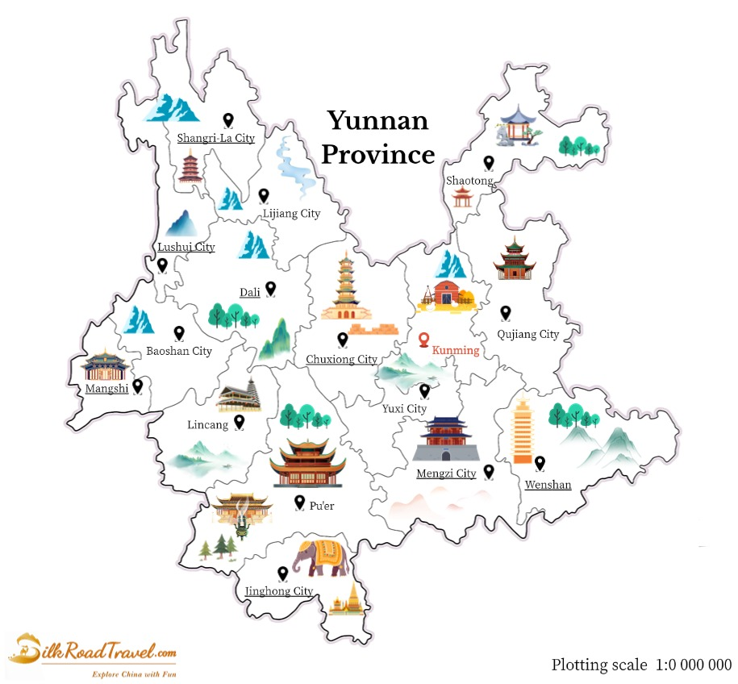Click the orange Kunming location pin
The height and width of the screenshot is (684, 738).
pos(424,340)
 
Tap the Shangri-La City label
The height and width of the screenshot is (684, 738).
pos(215,138)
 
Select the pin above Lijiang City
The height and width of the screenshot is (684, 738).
pos(264,195)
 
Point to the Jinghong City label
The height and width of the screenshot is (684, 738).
pos(279,591)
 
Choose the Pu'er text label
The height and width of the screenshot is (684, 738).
pos(321,506)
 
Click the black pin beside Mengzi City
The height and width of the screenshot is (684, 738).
pos(489,472)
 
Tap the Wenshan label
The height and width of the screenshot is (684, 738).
pos(548,485)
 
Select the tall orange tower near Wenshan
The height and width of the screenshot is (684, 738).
pos(523,432)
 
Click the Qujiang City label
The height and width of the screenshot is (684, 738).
pos(527,334)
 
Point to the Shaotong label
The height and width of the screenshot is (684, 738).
pos(469,181)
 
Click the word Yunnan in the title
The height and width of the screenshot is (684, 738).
pos(377,121)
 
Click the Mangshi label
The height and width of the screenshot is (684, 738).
pos(106,389)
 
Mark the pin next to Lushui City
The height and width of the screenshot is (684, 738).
pos(162,265)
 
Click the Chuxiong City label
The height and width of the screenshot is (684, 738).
pos(341,359)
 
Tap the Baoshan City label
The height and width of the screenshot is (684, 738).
pos(179,351)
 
